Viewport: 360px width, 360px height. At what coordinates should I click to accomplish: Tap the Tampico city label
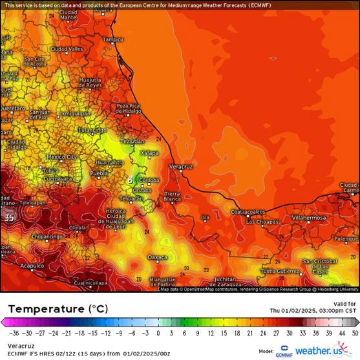click(x=112, y=39)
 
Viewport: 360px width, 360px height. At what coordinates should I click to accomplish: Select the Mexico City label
click(x=62, y=156)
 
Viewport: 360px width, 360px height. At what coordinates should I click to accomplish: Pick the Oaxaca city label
click(x=158, y=257)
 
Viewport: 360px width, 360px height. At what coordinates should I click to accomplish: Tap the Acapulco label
click(x=31, y=266)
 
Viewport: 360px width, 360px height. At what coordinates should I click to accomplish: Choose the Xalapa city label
click(x=149, y=153)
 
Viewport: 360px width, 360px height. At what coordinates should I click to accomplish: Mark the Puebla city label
click(x=99, y=174)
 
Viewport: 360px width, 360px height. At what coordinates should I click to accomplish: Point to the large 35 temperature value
click(x=9, y=218)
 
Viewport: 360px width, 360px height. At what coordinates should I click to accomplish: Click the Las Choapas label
click(x=263, y=222)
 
